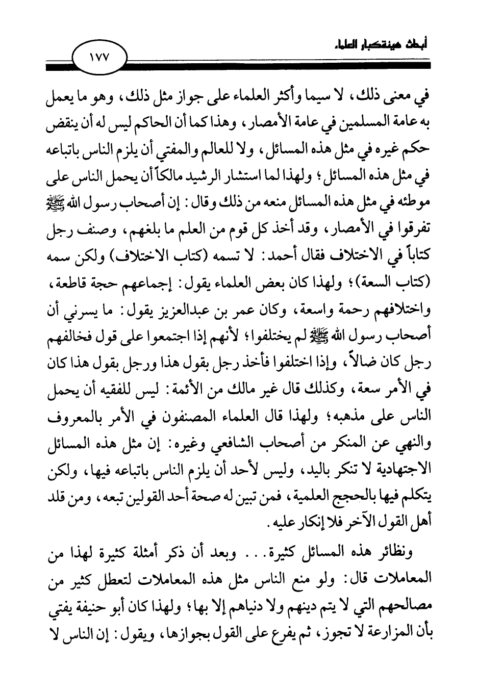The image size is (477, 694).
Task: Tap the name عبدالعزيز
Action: click(189, 304)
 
